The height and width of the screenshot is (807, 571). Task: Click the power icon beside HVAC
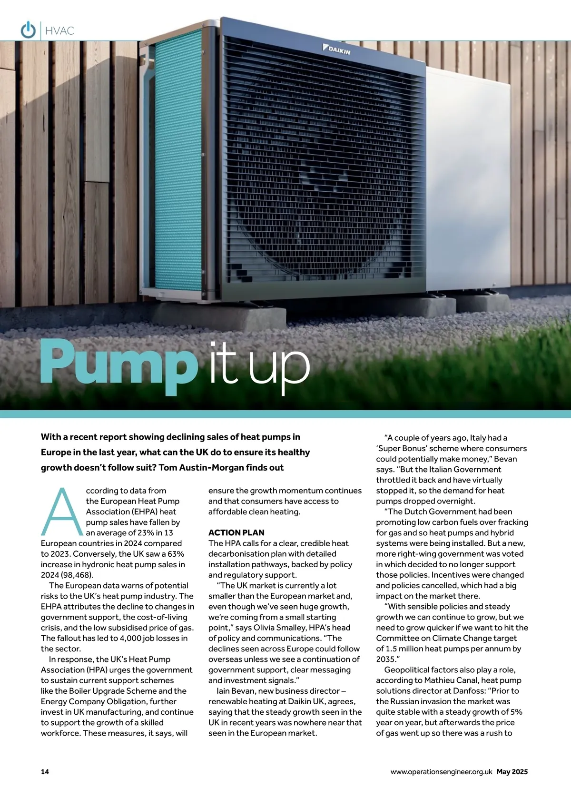coord(28,30)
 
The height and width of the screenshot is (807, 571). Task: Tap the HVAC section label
coord(59,31)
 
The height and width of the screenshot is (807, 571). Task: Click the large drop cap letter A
coord(61,512)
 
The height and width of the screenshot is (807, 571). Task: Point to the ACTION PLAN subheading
coord(236,532)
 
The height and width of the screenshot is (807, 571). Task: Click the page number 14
coord(45,771)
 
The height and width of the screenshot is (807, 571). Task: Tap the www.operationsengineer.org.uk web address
coord(441,771)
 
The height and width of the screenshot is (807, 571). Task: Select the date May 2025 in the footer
coord(512,771)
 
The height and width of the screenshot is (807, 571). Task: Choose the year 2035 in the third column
coord(386,659)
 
